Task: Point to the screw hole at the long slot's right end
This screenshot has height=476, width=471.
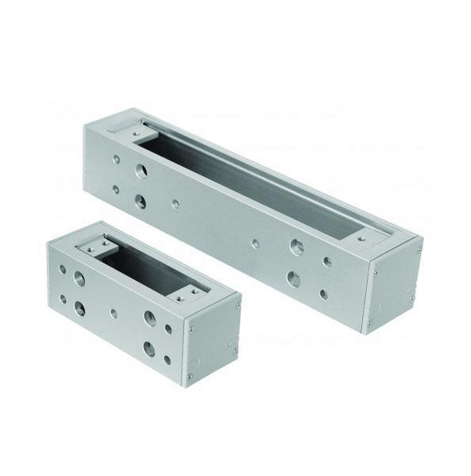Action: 362,239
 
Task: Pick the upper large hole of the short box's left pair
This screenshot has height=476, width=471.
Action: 79,279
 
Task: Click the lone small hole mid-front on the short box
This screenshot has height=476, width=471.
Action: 114,314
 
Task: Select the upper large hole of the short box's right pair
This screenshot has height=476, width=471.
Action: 150,319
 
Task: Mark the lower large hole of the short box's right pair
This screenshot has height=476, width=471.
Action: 150,349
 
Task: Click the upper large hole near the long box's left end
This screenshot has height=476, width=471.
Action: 141,171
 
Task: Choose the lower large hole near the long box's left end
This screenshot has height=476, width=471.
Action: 140,202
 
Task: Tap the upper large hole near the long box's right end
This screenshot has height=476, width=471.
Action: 297,247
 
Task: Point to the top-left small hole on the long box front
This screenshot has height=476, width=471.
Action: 116,159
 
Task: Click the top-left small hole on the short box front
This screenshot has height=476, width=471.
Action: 62,269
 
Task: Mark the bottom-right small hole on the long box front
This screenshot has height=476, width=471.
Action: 323,293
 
